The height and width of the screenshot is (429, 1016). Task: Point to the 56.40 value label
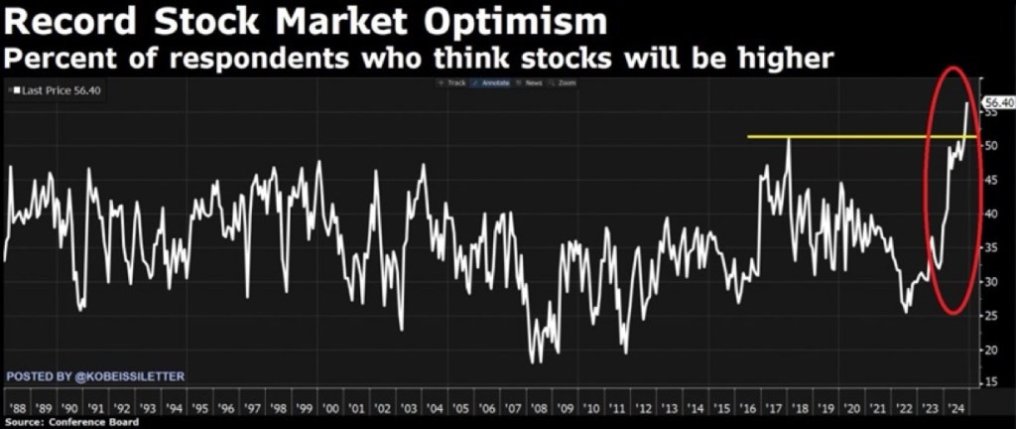coord(996,103)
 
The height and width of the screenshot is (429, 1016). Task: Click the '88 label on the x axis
coord(16,408)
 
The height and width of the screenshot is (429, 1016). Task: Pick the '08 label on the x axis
coord(538,408)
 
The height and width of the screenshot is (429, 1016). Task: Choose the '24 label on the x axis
coord(955,408)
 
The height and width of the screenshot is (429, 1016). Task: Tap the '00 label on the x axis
coord(329,408)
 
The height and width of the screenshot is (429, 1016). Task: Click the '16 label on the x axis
coord(747,408)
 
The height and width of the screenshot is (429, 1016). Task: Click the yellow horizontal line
coord(843,136)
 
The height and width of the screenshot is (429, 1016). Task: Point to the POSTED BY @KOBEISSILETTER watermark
coord(95,377)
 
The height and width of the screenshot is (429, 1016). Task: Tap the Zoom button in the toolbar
coord(566,82)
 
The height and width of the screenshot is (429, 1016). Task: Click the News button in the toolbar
coord(533,82)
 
